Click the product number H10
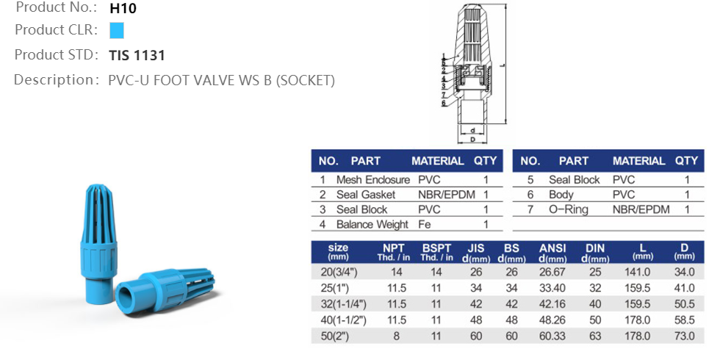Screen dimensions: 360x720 123,10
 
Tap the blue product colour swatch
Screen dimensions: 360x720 116,30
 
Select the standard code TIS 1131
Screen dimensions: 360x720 137,55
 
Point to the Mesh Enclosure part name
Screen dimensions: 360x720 372,180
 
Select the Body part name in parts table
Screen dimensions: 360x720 561,195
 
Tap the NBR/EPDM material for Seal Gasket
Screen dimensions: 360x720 447,195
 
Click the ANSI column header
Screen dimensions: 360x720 553,248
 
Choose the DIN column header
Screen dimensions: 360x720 595,248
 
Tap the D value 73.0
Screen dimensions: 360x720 684,336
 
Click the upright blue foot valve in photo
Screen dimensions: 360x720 96,235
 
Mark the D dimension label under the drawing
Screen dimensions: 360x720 473,139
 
